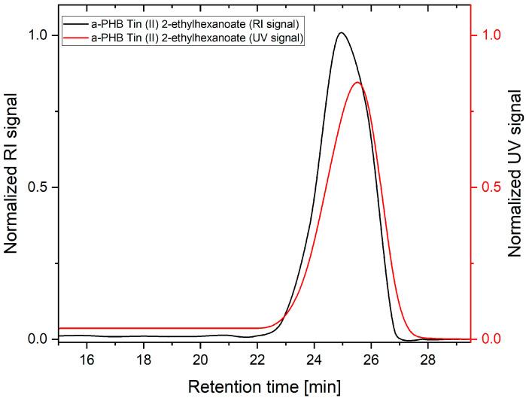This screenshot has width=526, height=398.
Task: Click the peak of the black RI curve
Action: (x=342, y=33)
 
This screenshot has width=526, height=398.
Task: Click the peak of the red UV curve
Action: (x=357, y=83)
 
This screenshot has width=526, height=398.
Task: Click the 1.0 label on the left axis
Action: (x=38, y=35)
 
